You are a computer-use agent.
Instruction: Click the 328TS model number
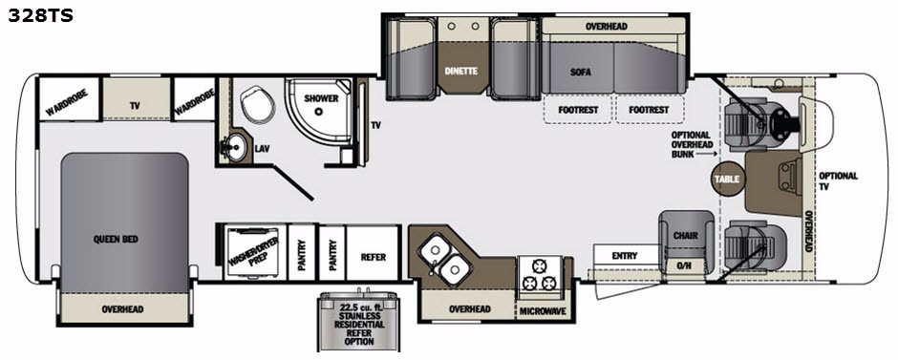click(x=41, y=16)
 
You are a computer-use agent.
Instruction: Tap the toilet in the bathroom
click(x=258, y=103)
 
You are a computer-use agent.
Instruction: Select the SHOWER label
click(x=321, y=98)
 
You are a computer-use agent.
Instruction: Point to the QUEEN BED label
click(x=116, y=240)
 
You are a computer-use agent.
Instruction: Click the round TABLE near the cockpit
click(x=727, y=180)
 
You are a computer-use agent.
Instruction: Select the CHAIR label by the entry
click(x=685, y=235)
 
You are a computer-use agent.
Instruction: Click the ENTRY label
click(x=624, y=256)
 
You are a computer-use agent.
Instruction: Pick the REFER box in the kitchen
click(x=373, y=253)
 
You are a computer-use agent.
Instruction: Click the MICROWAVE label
click(x=543, y=311)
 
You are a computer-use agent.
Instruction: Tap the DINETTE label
click(x=461, y=71)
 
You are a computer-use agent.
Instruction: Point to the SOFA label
click(x=580, y=73)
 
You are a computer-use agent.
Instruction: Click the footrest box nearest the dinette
click(x=578, y=110)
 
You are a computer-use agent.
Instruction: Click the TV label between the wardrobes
click(x=135, y=106)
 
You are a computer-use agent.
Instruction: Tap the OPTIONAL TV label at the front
click(x=838, y=180)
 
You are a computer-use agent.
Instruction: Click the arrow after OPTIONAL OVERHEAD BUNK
click(x=704, y=154)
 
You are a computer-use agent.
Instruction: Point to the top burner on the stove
click(x=539, y=265)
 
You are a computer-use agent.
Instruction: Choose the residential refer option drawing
click(x=358, y=320)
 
